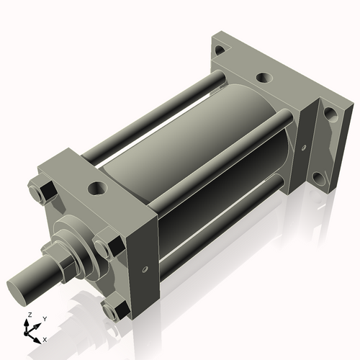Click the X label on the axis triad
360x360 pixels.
(x=45, y=338)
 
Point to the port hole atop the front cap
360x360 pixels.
(x=95, y=189)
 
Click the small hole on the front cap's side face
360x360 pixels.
(x=145, y=270)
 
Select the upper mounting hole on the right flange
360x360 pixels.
(x=330, y=113)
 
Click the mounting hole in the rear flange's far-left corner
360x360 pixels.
(x=218, y=50)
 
